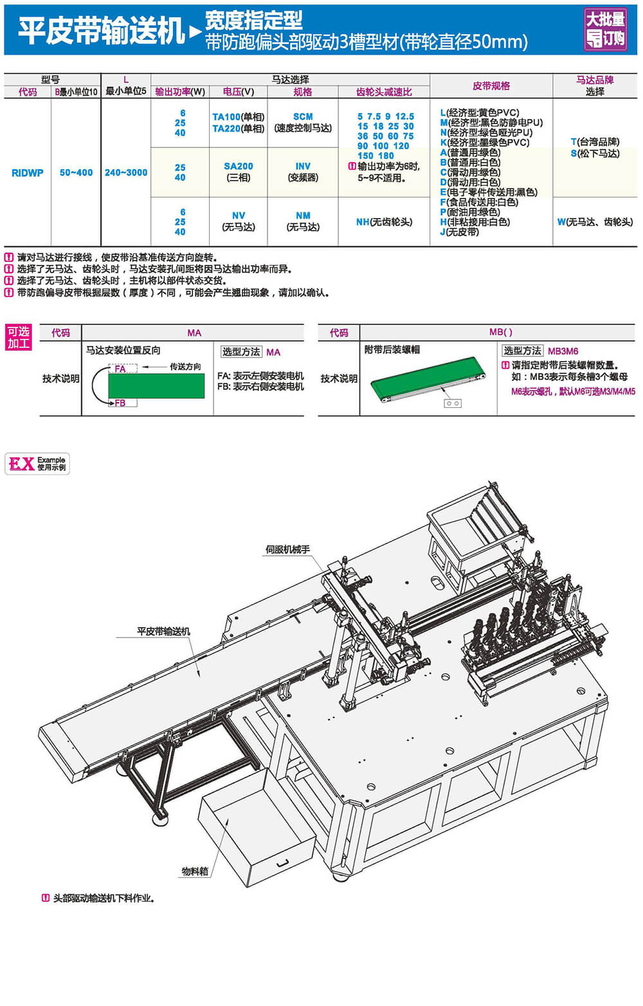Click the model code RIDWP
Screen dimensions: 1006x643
click(28, 173)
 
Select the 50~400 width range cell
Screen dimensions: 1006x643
click(76, 173)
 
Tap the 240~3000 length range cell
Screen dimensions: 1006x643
click(126, 173)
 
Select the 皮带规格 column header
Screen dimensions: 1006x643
click(491, 86)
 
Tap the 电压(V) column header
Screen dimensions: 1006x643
click(239, 92)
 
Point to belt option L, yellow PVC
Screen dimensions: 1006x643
click(480, 113)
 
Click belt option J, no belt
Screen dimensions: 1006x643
click(459, 232)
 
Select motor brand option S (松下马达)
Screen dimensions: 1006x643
click(595, 154)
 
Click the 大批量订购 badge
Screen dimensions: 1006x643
click(606, 30)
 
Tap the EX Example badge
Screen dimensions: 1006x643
click(37, 464)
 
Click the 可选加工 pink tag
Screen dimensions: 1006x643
click(19, 338)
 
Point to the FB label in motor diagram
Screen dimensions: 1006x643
click(120, 403)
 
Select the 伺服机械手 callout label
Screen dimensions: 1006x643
click(287, 549)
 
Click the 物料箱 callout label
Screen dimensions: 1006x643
click(195, 872)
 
